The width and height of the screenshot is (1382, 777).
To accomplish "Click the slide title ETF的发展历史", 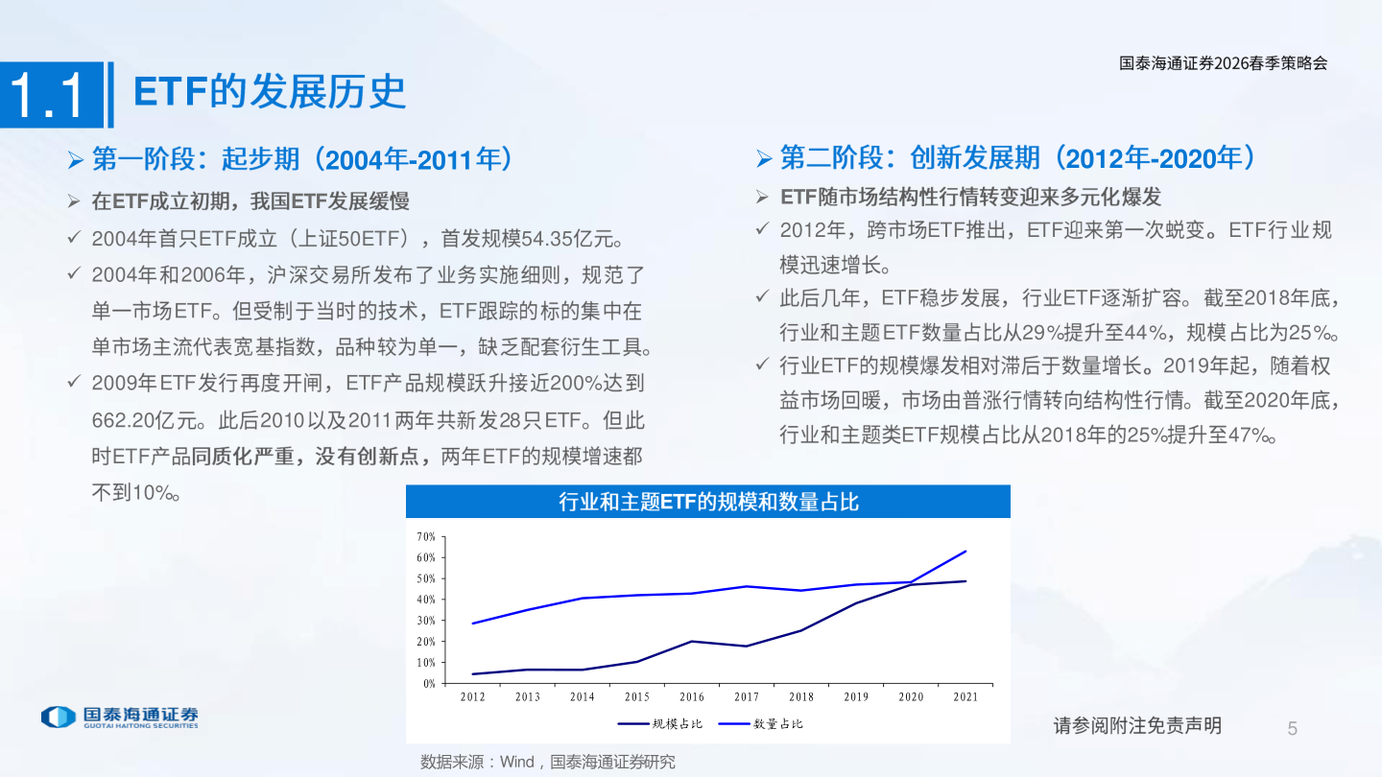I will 270,92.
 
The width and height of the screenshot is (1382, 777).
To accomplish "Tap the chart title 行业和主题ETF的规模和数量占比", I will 707,502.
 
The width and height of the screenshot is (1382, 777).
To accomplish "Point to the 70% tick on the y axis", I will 426,536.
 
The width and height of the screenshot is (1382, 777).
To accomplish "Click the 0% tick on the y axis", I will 428,684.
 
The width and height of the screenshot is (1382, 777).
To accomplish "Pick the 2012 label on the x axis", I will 472,697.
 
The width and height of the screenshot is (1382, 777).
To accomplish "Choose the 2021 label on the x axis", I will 965,697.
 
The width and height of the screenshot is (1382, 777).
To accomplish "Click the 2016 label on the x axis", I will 691,697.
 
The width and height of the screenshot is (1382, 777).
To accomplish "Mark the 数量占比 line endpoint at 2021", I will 965,552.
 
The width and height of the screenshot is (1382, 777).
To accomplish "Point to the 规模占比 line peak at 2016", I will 691,642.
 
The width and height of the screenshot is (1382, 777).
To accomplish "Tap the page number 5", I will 1292,729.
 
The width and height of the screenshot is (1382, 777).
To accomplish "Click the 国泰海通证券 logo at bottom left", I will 120,717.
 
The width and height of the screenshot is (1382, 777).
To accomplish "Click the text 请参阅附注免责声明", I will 1137,725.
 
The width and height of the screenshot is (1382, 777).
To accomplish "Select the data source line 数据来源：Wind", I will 547,762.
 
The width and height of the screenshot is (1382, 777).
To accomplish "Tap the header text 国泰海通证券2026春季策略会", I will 1223,63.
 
